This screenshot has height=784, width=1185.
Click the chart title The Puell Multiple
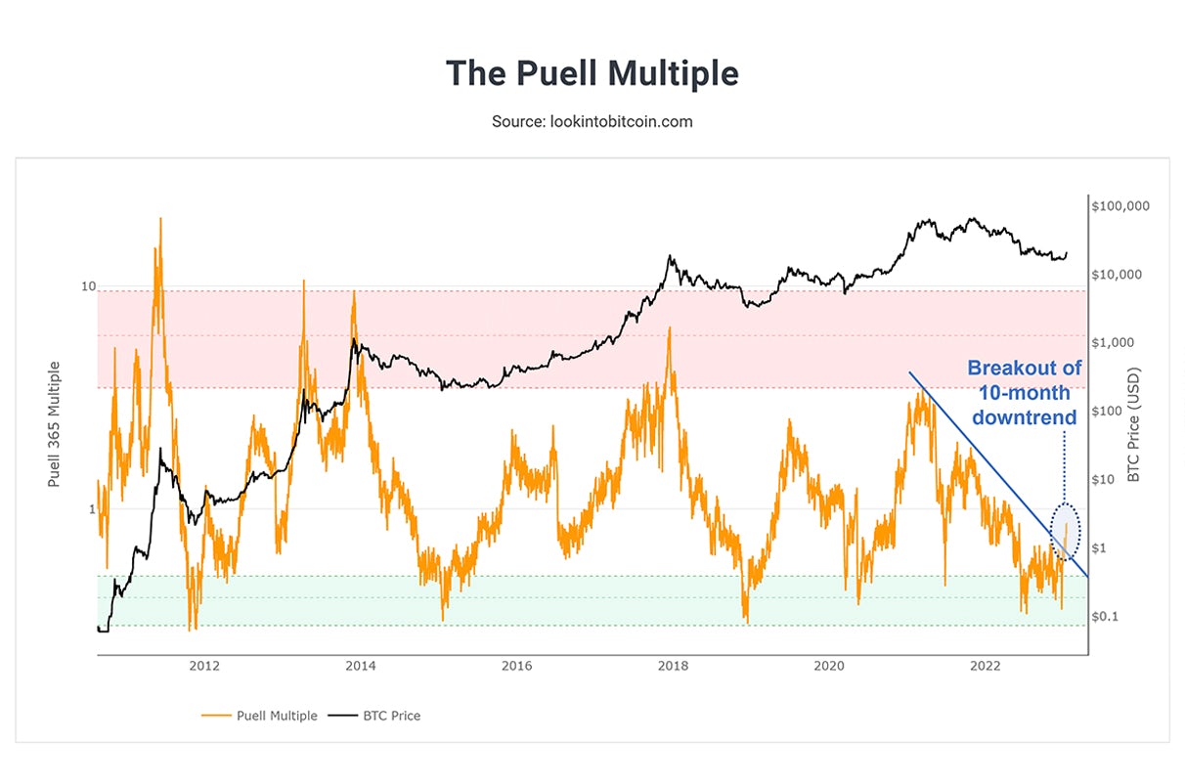pyautogui.click(x=592, y=73)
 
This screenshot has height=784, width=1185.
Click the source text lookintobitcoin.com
pyautogui.click(x=592, y=122)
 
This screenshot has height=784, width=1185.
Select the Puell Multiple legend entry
pyautogui.click(x=277, y=716)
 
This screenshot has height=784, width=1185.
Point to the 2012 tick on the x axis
pyautogui.click(x=204, y=667)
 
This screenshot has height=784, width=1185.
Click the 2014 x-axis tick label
pyautogui.click(x=361, y=667)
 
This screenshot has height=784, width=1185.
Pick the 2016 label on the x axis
pyautogui.click(x=516, y=667)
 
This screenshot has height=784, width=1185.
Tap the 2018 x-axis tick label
pyautogui.click(x=673, y=667)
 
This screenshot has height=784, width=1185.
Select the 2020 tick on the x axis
pyautogui.click(x=829, y=667)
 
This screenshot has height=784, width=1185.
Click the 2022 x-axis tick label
pyautogui.click(x=985, y=667)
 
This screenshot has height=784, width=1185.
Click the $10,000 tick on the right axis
pyautogui.click(x=1120, y=275)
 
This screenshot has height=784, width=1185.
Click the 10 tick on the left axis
pyautogui.click(x=88, y=286)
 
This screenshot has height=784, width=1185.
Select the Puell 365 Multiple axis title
pyautogui.click(x=55, y=424)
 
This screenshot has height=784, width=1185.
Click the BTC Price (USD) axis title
pyautogui.click(x=1134, y=424)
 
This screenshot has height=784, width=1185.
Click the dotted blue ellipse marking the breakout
pyautogui.click(x=1066, y=532)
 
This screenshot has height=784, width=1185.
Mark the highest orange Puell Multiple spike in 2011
pyautogui.click(x=160, y=220)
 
